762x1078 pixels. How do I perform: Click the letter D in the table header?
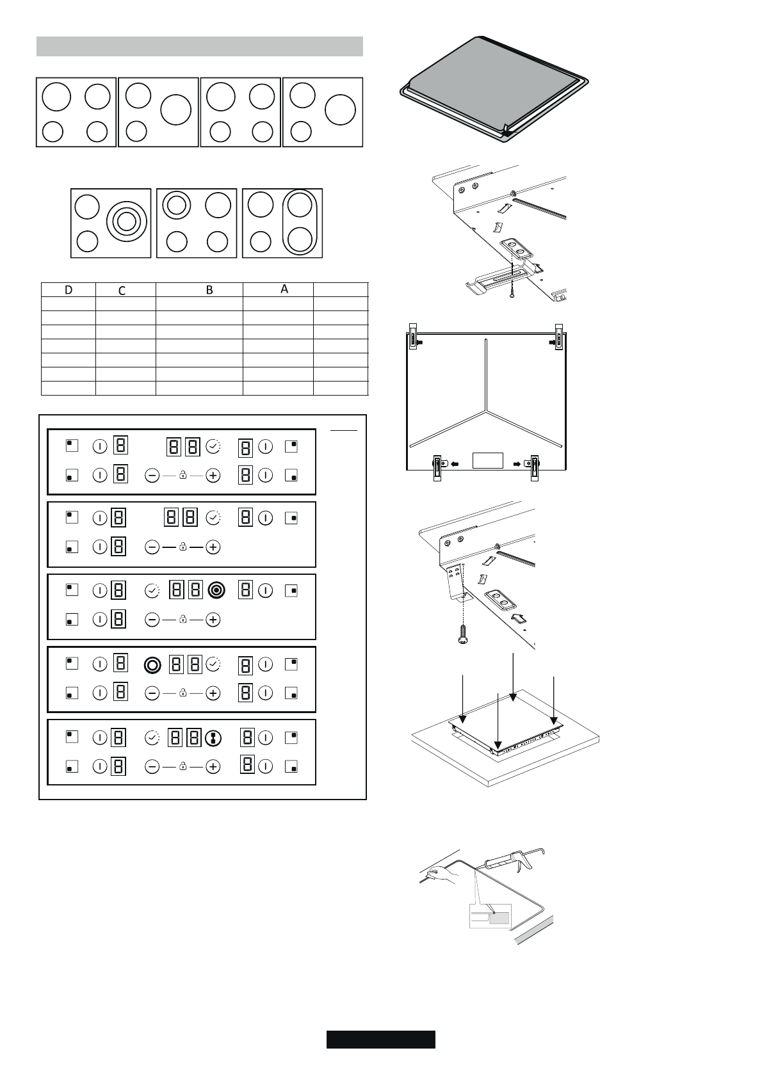[69, 290]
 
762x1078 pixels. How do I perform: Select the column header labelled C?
[122, 291]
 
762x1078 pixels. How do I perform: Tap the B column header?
[209, 290]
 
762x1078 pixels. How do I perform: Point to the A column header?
[284, 289]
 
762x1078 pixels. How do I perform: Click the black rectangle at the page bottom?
[380, 1040]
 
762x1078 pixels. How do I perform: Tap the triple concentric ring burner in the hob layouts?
[126, 221]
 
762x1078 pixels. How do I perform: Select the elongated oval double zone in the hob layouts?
[299, 223]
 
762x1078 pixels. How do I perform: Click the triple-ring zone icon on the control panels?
[216, 590]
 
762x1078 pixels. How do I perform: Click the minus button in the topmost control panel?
[152, 475]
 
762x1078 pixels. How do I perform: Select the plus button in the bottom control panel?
[213, 766]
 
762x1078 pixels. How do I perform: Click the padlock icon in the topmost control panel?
[182, 475]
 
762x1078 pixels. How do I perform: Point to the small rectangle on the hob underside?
[487, 461]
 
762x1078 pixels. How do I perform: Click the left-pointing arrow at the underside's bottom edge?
[455, 465]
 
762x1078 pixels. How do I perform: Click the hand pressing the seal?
[439, 873]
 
